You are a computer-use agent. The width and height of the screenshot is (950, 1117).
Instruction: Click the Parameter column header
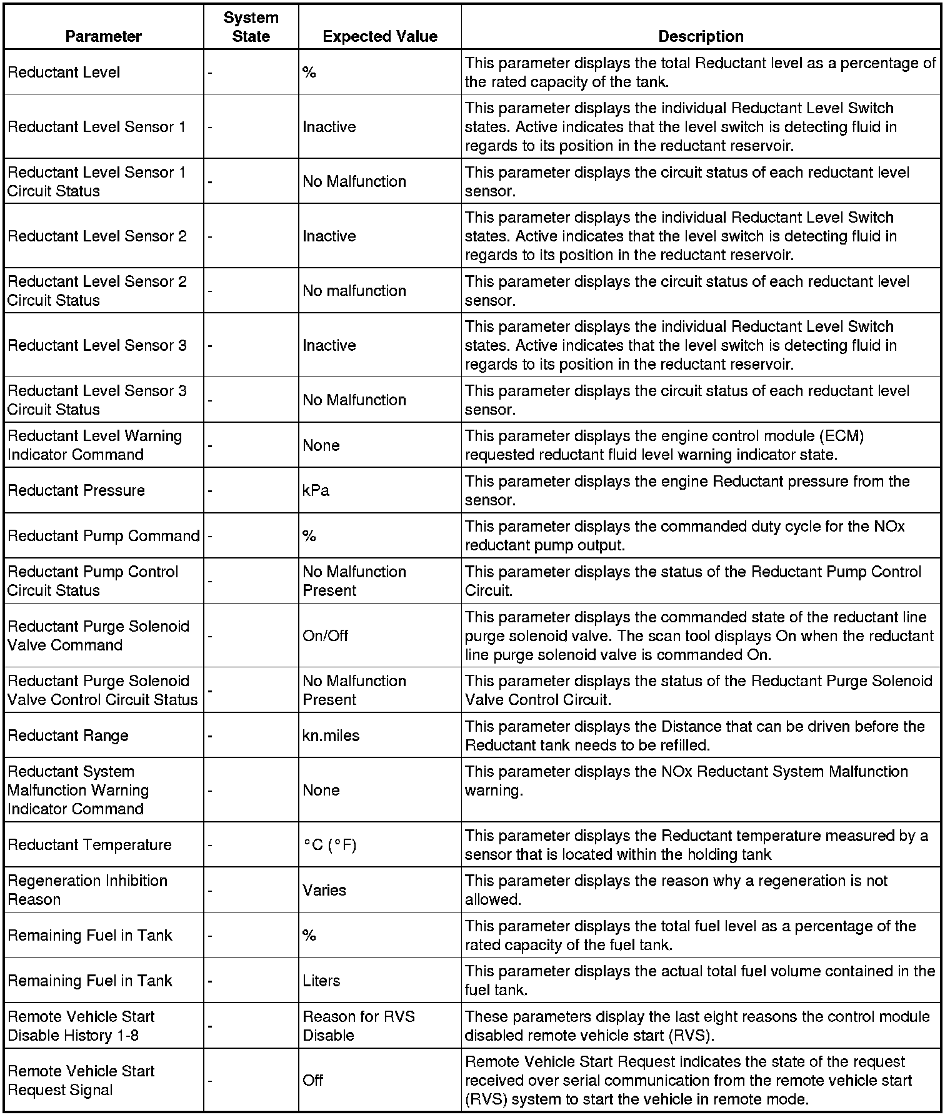coord(103,36)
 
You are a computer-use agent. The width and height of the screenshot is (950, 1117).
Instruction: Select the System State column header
coord(251,27)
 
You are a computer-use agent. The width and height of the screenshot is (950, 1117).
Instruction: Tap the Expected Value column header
coord(379,36)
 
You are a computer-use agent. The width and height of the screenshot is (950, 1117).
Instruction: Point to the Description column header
coord(701,36)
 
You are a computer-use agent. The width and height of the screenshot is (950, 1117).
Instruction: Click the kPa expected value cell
coord(316,490)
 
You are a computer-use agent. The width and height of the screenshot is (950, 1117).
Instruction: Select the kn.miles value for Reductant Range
coord(331,735)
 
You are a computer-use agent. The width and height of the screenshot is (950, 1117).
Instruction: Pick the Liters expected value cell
coord(321,981)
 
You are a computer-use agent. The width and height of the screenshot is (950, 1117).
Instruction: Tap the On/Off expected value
coord(325,635)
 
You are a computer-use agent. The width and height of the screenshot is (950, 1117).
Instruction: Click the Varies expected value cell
coord(324,890)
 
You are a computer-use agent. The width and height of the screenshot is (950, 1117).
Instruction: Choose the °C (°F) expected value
coord(329,845)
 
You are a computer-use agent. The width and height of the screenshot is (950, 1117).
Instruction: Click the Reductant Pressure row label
coord(76,490)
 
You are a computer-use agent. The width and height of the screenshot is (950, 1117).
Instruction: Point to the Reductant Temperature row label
coord(89,845)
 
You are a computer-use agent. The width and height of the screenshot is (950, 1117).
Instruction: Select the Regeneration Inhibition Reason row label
coord(87,890)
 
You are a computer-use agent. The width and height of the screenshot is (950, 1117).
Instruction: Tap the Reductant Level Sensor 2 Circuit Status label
coord(97,291)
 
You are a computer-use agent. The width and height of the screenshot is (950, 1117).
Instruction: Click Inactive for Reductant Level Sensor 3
coord(329,345)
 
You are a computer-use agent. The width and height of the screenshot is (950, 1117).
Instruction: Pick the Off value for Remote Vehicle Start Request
coord(312,1080)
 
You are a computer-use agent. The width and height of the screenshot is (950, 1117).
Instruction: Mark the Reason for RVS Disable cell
coord(358,1026)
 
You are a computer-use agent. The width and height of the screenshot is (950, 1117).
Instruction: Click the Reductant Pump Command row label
coord(103,536)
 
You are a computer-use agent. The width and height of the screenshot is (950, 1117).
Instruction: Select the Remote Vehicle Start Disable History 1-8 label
coord(81,1026)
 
